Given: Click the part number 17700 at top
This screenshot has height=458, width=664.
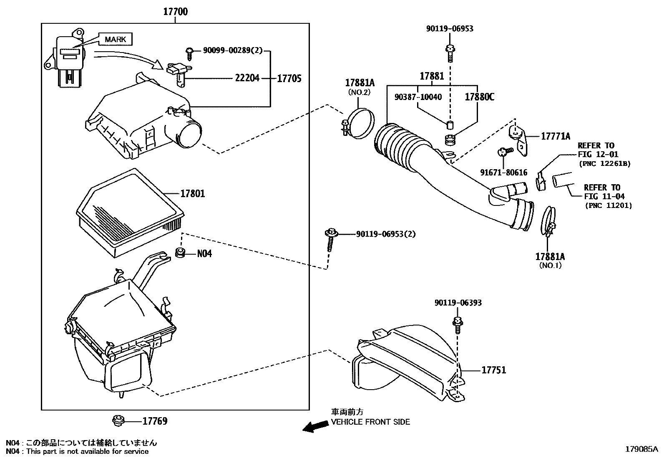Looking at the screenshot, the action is tap(176, 12).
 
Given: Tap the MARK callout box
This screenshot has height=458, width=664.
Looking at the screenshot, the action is tap(115, 39).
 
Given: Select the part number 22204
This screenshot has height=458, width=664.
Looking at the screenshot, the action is tap(247, 78).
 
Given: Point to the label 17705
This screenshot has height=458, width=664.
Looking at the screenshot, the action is tap(289, 78).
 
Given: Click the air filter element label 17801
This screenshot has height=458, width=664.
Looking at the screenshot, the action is tap(193, 193).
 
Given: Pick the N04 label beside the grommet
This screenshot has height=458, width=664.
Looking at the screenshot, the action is tap(204, 254).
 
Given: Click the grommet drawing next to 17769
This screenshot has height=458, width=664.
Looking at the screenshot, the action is tap(118, 421).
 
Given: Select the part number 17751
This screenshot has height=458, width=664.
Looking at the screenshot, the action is tap(494, 370).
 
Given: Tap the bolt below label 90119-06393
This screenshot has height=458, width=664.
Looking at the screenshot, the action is tap(458, 325).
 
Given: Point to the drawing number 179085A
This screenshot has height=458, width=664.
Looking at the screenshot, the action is tap(641, 449).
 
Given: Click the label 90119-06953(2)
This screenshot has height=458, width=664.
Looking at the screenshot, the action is tap(386, 234).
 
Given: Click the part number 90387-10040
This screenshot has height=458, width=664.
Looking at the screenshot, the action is tap(418, 97).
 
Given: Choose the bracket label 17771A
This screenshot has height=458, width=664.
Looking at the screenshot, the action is tap(556, 136).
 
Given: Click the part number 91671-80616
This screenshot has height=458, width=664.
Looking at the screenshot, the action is tap(504, 173).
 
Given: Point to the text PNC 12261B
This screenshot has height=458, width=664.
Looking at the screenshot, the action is tap(605, 163).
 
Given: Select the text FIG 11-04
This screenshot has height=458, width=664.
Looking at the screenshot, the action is tap(604, 196).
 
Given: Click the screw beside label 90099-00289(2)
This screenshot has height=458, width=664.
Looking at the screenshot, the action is tap(189, 54).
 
